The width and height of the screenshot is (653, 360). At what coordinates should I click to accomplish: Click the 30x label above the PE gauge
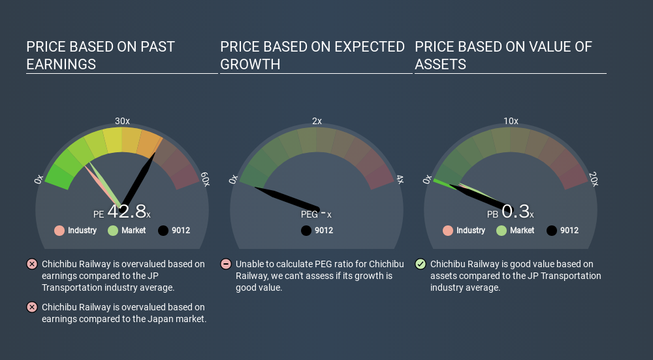[123, 121]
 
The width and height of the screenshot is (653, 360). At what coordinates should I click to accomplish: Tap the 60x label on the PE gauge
[205, 179]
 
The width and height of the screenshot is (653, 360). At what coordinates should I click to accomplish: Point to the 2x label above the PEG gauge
[317, 121]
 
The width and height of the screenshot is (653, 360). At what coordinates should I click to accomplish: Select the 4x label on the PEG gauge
[400, 179]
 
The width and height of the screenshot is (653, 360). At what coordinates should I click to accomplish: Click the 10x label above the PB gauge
[511, 121]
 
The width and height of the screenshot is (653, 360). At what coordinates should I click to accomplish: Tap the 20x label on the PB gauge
[594, 179]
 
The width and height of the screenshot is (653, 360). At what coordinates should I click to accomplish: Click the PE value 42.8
[127, 211]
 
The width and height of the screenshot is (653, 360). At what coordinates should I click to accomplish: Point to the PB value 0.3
[516, 211]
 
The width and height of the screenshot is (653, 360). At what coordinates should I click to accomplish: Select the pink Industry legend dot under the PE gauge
[59, 231]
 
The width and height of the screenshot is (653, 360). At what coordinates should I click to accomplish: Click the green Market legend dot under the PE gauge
[113, 231]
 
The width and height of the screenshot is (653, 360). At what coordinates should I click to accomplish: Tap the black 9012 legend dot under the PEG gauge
[306, 231]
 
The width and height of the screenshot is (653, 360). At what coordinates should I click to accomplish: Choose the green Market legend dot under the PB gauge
[502, 231]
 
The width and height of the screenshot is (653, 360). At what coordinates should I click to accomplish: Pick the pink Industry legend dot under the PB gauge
[448, 231]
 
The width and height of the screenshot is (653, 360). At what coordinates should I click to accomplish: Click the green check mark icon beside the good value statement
[421, 264]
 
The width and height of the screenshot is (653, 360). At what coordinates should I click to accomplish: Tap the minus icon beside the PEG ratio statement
[226, 264]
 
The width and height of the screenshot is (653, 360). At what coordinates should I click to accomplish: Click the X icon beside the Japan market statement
[31, 307]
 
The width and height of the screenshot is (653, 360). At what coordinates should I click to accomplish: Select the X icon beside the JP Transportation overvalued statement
[31, 264]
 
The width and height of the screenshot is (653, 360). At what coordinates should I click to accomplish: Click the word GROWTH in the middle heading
[250, 64]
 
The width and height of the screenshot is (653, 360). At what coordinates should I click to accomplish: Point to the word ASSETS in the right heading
[440, 64]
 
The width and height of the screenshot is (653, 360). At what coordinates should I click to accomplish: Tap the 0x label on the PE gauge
[39, 179]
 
